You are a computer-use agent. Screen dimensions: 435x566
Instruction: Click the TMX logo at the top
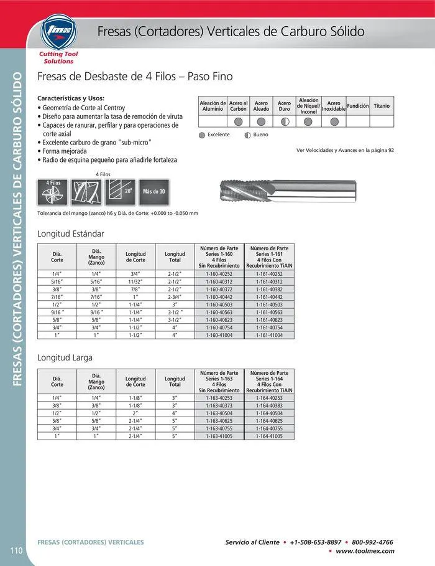tap(57, 33)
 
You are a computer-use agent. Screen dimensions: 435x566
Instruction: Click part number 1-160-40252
tap(219, 274)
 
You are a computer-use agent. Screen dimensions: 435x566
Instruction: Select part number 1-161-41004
tap(269, 335)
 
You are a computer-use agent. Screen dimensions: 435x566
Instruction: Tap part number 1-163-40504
tap(219, 413)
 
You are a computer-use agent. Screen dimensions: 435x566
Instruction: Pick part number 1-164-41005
tap(269, 436)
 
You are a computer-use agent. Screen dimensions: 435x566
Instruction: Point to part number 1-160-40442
tap(219, 297)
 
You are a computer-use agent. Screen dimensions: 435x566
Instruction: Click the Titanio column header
tap(382, 106)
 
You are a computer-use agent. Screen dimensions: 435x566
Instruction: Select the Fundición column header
tap(358, 106)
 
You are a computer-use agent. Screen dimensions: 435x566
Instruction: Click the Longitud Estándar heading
tap(71, 234)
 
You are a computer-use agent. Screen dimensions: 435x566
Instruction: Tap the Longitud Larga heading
tap(66, 358)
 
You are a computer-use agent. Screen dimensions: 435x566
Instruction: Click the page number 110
tap(17, 550)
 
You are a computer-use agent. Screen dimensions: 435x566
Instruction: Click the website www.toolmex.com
tap(365, 551)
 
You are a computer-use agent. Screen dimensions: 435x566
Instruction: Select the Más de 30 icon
tap(153, 191)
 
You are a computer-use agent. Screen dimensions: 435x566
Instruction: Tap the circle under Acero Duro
tap(284, 121)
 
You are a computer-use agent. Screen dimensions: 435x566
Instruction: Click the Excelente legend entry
tap(214, 134)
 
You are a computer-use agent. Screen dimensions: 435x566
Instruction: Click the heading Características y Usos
tap(71, 98)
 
